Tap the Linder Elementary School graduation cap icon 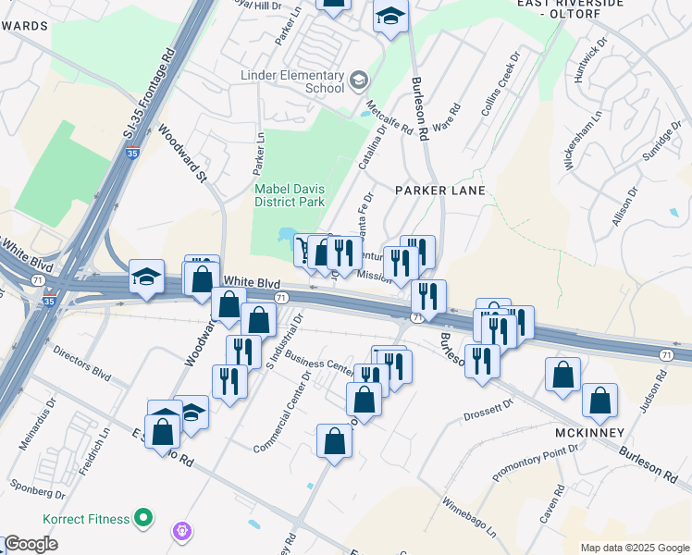(x=357, y=81)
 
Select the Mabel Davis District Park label (x=290, y=195)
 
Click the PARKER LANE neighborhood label (x=440, y=191)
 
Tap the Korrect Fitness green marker (x=143, y=517)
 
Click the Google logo (x=31, y=544)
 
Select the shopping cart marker (x=303, y=249)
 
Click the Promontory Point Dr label (x=535, y=461)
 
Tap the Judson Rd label (x=661, y=391)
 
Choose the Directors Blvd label (x=81, y=364)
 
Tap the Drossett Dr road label (x=488, y=410)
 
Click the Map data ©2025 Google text (x=635, y=548)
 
